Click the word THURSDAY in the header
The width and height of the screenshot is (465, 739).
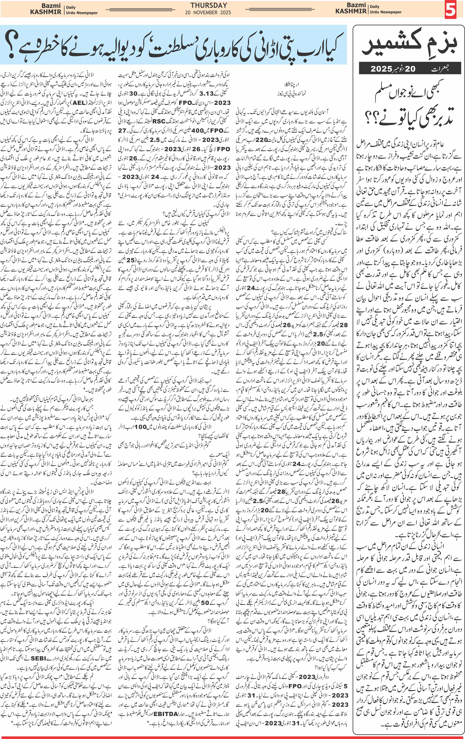coord(209,5)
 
